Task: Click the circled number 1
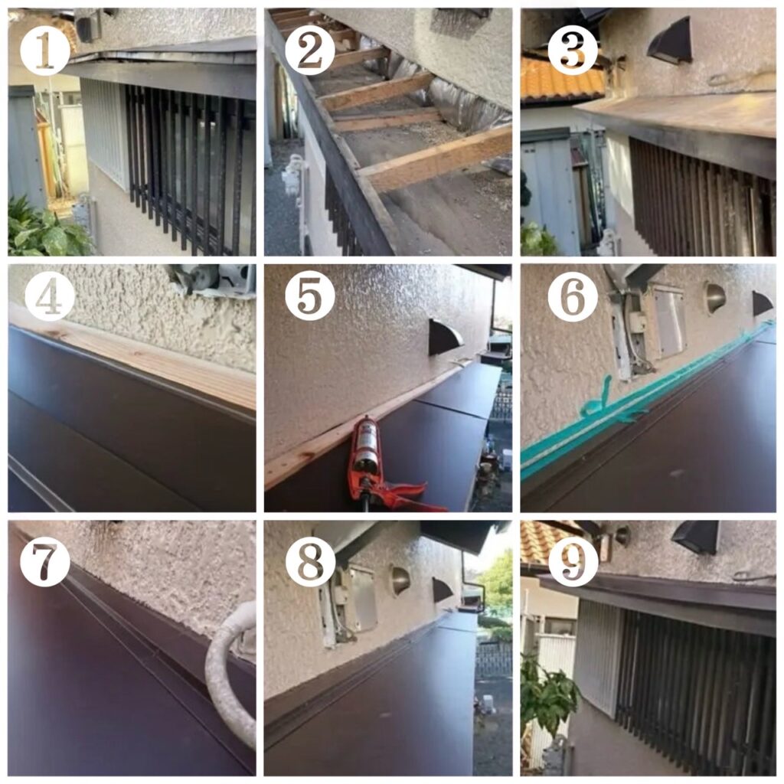[45, 51]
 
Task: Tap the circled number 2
[310, 51]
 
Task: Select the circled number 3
[573, 51]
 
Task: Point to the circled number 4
[49, 295]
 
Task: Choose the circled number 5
[310, 295]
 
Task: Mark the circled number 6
[573, 295]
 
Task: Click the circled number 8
[310, 560]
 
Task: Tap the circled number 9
[573, 560]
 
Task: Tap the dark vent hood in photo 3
[670, 46]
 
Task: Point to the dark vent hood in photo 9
[695, 537]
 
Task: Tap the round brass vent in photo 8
[400, 581]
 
